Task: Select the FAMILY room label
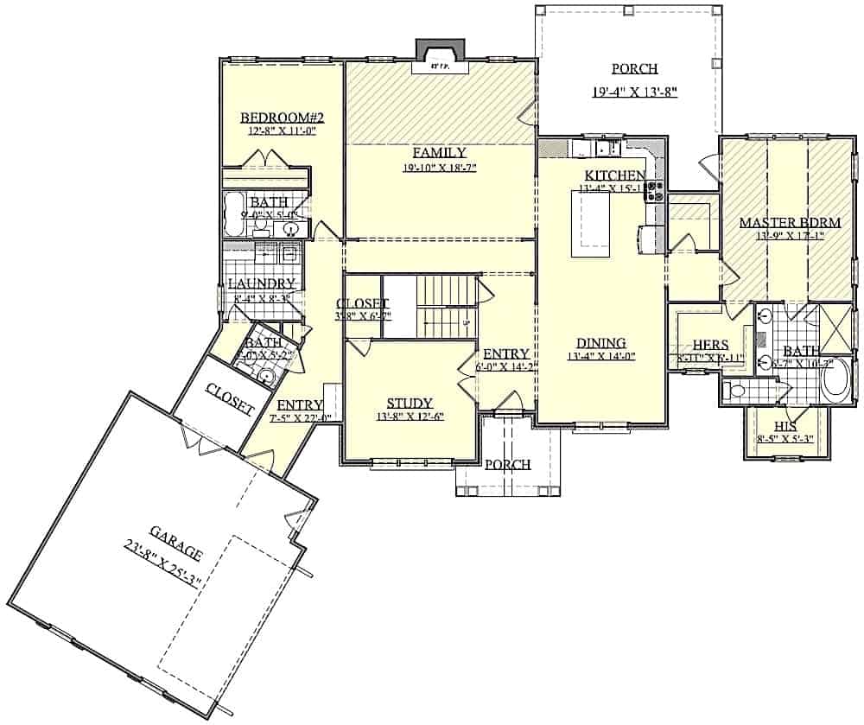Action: (x=439, y=152)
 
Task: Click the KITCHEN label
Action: (x=614, y=175)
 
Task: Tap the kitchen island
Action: (x=590, y=223)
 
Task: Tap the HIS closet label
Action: (x=785, y=427)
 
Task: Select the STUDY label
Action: (x=409, y=403)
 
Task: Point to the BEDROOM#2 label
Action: (x=270, y=118)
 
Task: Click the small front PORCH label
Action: (x=507, y=464)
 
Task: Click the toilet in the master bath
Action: (x=735, y=391)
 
